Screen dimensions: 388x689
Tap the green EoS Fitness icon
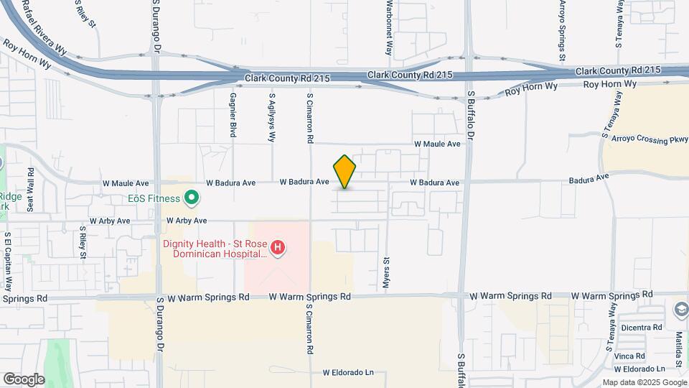click(192, 197)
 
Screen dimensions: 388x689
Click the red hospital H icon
click(278, 249)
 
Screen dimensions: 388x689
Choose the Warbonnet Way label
click(389, 27)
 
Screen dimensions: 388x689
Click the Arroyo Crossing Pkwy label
click(645, 138)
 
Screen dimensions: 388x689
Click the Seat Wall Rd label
click(30, 190)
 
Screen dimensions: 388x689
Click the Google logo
click(24, 379)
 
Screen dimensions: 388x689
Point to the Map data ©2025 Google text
click(644, 382)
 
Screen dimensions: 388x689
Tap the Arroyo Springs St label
click(563, 29)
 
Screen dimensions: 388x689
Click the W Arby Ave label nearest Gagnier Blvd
click(187, 221)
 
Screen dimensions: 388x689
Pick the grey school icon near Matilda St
click(680, 310)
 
